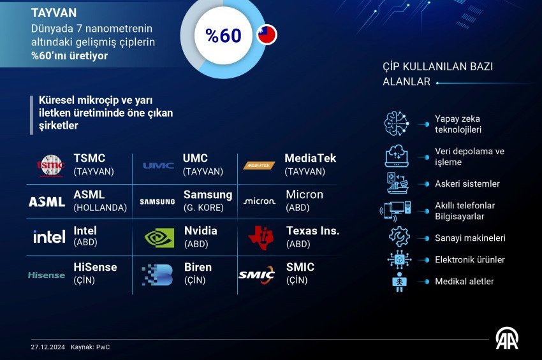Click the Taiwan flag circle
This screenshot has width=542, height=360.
[267, 35]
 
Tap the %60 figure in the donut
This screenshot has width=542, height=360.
[223, 36]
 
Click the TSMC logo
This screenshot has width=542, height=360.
[51, 166]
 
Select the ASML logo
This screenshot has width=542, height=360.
[47, 202]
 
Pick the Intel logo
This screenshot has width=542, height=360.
[49, 236]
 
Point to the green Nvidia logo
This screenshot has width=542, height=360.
[159, 238]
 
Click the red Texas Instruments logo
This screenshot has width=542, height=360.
[261, 238]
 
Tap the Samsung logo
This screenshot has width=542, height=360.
[157, 202]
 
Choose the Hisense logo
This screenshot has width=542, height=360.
[47, 275]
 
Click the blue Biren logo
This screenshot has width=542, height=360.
[157, 275]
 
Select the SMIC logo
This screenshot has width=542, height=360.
[256, 275]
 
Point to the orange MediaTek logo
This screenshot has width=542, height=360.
[259, 166]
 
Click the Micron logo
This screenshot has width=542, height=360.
[260, 201]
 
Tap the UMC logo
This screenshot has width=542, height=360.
[158, 166]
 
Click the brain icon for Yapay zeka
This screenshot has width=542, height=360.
[397, 124]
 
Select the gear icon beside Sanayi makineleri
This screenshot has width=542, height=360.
[399, 236]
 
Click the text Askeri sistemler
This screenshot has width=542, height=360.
[467, 184]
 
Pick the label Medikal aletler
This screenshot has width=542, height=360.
[464, 281]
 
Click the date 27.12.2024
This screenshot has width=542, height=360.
[48, 347]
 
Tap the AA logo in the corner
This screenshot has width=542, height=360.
[507, 338]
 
